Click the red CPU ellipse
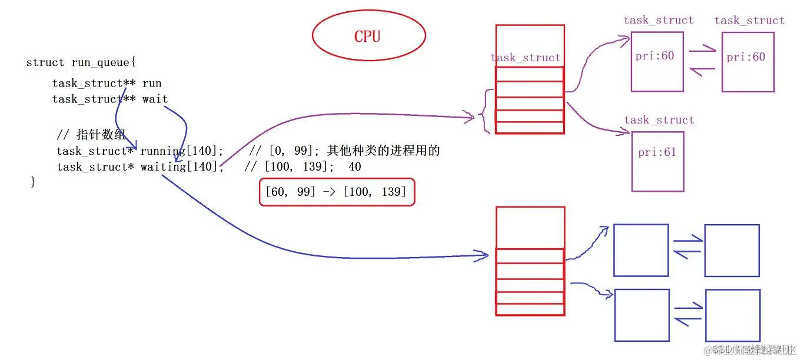click(368, 36)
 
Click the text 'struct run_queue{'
click(81, 62)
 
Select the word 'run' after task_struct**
click(152, 83)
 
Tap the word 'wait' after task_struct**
click(155, 99)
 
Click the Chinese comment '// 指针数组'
click(91, 135)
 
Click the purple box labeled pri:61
click(657, 161)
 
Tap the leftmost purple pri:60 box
click(657, 62)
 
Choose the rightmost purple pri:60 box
click(747, 62)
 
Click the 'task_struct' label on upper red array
click(526, 58)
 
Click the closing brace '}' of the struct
click(33, 182)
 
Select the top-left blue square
click(641, 250)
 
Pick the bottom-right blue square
click(732, 315)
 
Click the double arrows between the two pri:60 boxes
click(702, 61)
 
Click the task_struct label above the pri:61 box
click(659, 120)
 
